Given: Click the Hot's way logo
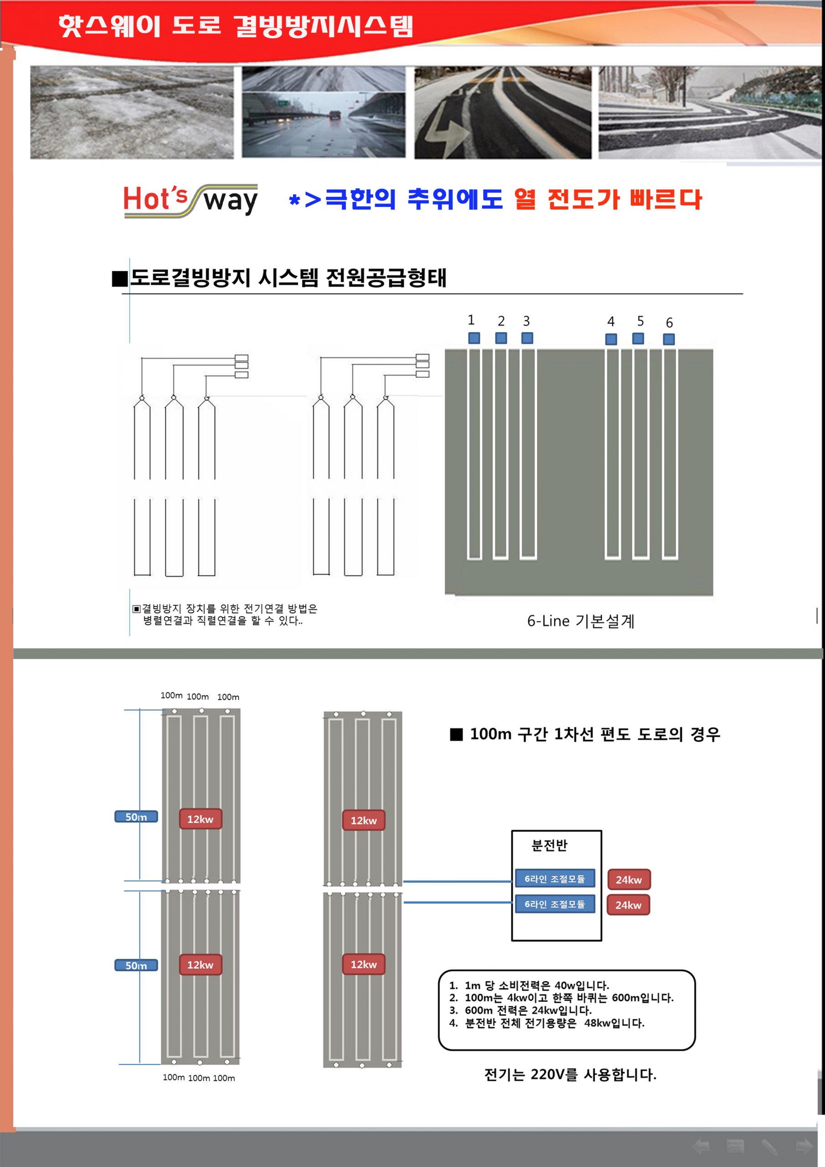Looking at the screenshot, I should coord(191,201).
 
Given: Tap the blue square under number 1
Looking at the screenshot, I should coord(474,338).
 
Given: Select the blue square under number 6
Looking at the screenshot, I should coord(669,339).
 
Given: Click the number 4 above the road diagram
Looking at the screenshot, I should coord(611,321).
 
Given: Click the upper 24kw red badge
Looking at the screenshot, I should coord(629,879).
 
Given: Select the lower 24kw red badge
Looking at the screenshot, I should coord(628,905).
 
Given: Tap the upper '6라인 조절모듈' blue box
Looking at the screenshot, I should coord(555,878).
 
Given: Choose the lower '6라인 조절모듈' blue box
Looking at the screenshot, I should coord(555,904).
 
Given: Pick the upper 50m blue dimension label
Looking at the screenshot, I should coord(136,817).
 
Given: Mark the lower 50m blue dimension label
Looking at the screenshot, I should coord(136,965).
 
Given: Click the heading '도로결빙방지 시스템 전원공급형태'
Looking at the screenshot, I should coord(288,278).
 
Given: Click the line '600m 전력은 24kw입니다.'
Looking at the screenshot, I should coord(528,1011).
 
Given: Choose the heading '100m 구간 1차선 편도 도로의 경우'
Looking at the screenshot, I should coord(594,734).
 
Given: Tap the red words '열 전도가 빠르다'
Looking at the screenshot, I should coord(608,199).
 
